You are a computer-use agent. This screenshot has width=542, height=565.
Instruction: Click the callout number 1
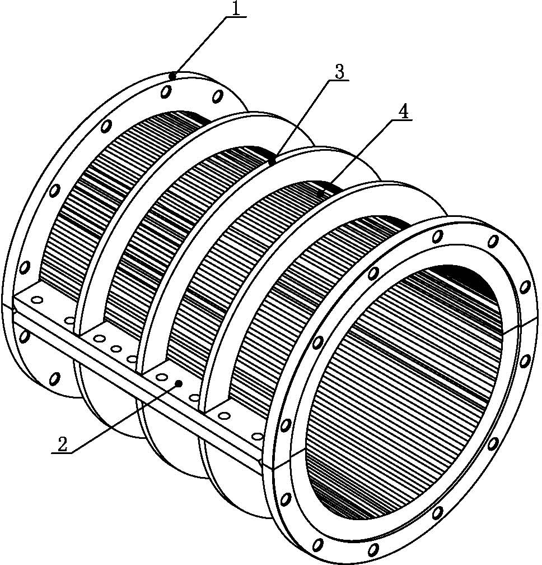point(237,8)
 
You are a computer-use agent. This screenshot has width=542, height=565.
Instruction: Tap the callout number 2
point(62,444)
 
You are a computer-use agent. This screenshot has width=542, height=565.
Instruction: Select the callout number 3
point(339,72)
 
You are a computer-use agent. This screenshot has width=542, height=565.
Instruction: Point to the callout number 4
point(403,112)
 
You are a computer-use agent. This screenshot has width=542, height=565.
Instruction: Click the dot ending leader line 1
point(173,76)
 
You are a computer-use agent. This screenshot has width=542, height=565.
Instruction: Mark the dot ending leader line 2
point(178,383)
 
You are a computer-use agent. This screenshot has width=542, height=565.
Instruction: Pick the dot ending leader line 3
point(273,160)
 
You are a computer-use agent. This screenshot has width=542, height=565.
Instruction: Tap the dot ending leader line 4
point(321,193)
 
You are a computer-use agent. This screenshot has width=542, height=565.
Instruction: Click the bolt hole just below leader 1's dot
point(166,90)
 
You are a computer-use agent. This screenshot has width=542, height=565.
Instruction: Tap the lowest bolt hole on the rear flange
point(54,379)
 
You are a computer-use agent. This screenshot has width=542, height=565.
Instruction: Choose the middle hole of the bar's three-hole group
point(116,349)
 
